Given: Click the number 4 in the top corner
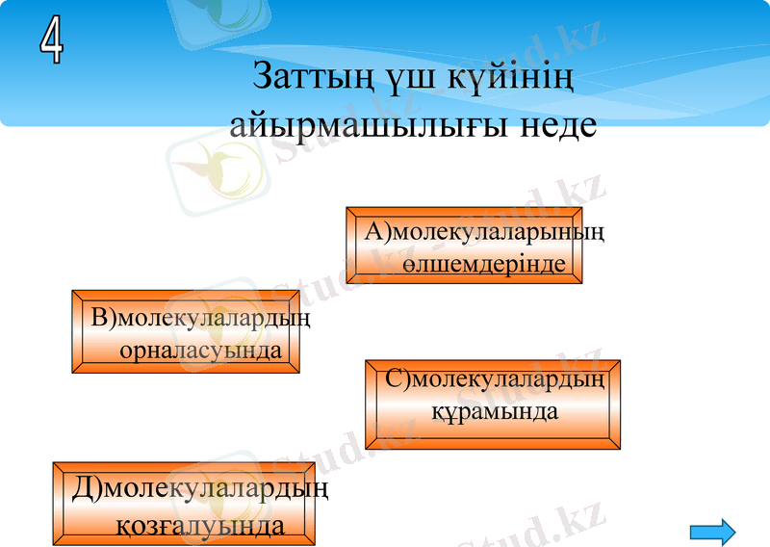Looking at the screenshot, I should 52,41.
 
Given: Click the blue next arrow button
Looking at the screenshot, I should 713,530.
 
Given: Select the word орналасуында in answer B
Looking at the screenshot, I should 200,350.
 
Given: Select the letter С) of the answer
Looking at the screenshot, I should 398,378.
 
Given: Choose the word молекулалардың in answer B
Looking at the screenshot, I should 215,318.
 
